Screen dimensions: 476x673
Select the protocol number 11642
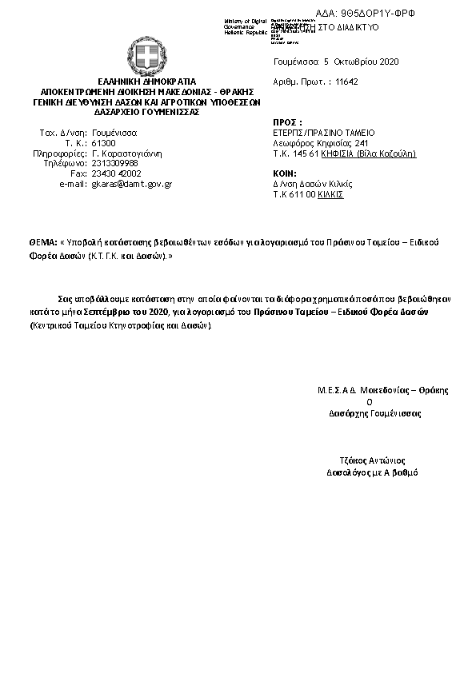[346, 82]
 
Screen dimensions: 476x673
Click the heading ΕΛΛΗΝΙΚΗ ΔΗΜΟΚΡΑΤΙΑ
[146, 82]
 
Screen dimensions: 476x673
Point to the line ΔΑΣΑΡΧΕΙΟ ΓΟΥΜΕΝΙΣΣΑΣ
[146, 113]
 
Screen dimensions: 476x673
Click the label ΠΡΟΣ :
[285, 122]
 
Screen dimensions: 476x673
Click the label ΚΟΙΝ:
[285, 173]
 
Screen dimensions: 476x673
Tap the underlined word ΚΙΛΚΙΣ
[331, 193]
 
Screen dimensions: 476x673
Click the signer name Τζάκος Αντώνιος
[373, 460]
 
